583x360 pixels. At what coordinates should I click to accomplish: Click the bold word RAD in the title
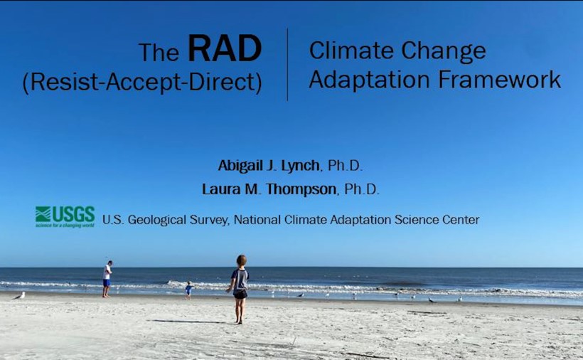(x=225, y=48)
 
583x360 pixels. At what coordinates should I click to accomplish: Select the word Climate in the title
(x=351, y=51)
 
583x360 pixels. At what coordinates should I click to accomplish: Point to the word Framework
(x=499, y=79)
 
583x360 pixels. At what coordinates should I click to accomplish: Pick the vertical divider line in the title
(x=287, y=64)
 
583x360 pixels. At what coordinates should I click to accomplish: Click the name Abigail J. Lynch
(x=269, y=166)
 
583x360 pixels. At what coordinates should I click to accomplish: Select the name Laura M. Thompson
(x=269, y=189)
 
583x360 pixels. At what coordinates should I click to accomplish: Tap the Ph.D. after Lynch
(x=344, y=166)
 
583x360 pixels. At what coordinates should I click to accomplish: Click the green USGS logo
(x=65, y=217)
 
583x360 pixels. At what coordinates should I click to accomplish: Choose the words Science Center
(x=437, y=220)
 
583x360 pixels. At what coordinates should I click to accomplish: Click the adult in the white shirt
(x=107, y=279)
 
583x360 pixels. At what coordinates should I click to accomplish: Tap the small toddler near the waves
(x=189, y=290)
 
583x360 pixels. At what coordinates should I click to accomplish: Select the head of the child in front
(x=241, y=260)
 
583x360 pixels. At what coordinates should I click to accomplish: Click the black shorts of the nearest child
(x=240, y=294)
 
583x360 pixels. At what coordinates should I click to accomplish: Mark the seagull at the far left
(x=19, y=296)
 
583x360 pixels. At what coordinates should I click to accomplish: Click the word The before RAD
(x=159, y=53)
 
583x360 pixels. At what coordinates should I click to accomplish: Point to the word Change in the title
(x=444, y=51)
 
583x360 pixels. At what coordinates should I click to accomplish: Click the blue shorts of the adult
(x=107, y=283)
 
